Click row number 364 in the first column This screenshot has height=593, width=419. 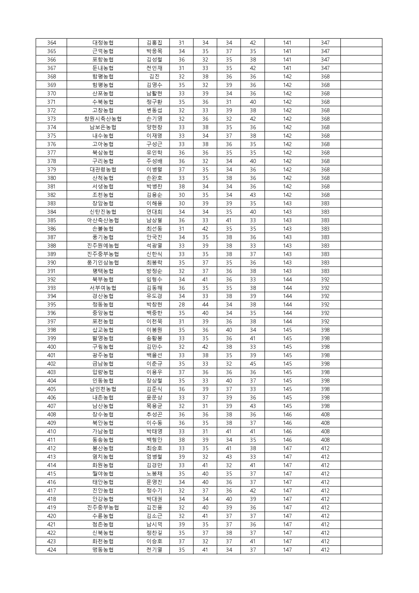51,43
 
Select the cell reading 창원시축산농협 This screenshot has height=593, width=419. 103,119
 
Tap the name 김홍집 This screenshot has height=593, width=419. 154,43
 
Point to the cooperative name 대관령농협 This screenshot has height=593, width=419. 103,169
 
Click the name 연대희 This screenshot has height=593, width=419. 154,212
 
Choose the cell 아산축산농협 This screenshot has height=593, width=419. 103,220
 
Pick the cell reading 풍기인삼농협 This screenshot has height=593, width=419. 103,263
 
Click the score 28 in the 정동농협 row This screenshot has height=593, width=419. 181,304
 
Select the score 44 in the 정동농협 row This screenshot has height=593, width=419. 205,304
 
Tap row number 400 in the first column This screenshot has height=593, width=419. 51,347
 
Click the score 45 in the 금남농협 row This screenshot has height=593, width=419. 253,364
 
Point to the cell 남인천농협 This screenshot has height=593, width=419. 103,389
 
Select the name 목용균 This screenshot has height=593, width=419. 154,406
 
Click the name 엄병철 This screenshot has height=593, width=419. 154,457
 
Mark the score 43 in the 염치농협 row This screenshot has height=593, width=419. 229,457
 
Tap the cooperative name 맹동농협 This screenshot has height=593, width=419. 103,550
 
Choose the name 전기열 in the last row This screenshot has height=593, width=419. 154,550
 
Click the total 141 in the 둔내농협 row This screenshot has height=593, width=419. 287,68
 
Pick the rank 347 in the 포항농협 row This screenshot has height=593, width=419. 325,60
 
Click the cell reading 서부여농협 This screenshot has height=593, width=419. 103,288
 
